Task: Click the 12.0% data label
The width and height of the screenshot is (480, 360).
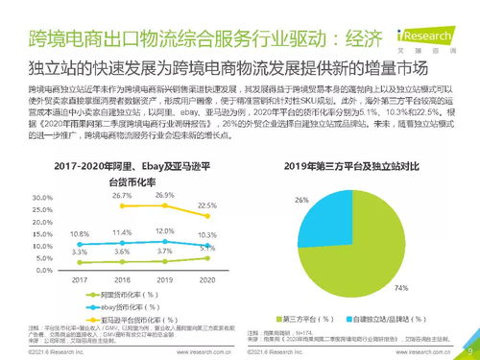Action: (x=164, y=231)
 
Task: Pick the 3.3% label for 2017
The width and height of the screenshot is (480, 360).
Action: (x=81, y=251)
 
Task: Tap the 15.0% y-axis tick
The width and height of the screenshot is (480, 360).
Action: (x=43, y=233)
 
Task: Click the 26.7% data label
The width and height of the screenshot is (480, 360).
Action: (x=121, y=194)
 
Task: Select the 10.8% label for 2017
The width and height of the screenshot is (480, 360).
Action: (x=81, y=233)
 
